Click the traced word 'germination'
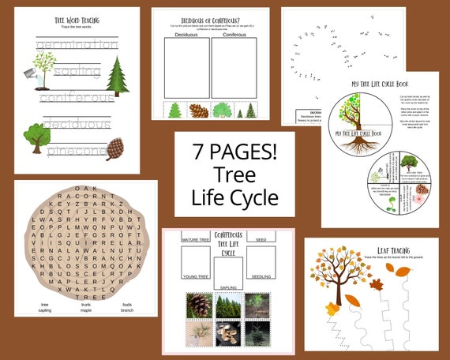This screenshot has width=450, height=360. (x=77, y=45)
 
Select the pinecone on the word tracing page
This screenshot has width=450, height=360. (x=115, y=148)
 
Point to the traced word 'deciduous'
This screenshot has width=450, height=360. (x=77, y=123)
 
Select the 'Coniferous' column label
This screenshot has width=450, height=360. (x=234, y=34)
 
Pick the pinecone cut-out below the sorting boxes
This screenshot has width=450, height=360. (x=199, y=111)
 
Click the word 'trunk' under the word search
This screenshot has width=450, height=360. (x=84, y=305)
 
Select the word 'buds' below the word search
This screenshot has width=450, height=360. (x=126, y=305)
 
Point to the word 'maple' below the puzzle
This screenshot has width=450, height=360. (x=84, y=311)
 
